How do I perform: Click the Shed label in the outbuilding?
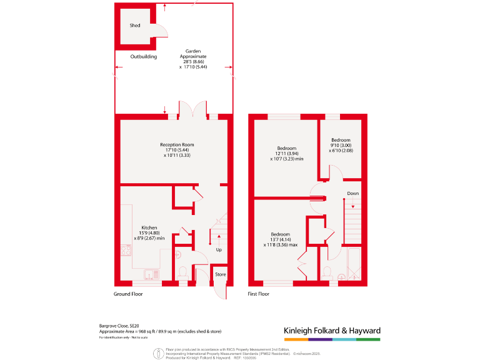[135, 26]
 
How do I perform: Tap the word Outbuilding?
[144, 57]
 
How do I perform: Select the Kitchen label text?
[149, 227]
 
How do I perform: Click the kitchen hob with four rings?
[126, 251]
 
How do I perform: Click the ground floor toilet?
[183, 272]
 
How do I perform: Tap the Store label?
[221, 274]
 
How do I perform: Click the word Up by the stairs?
[219, 250]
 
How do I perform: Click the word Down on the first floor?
[353, 193]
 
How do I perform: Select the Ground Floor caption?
[128, 294]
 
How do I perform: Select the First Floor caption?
[259, 294]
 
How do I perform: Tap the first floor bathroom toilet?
[327, 272]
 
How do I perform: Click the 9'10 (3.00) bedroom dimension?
[341, 145]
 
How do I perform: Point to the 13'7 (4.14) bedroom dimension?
[279, 240]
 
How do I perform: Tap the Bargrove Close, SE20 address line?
[119, 325]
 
